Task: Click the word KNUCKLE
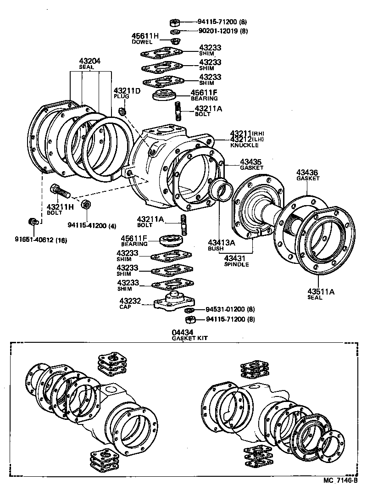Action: click(x=244, y=145)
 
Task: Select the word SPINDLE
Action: click(x=236, y=264)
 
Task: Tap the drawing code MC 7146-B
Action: click(x=339, y=480)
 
